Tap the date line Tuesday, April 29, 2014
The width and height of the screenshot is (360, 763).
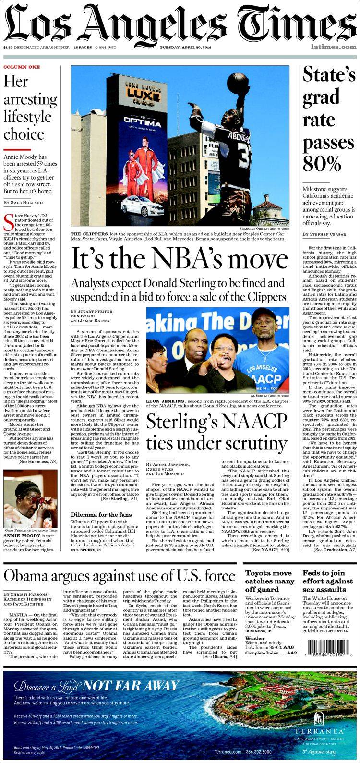click(x=186, y=47)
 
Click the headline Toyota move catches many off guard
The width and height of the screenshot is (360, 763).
click(x=270, y=581)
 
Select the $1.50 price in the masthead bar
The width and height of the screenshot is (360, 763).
click(x=8, y=47)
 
